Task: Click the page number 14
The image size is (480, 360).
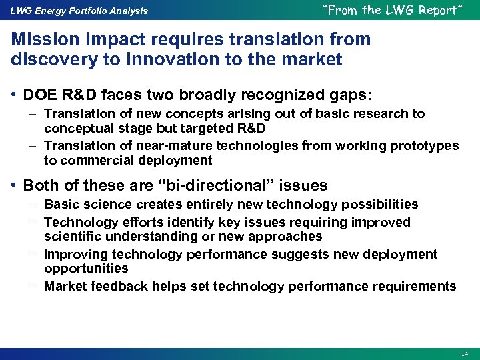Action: [x=464, y=353]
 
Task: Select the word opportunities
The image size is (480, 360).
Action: [x=86, y=268]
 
